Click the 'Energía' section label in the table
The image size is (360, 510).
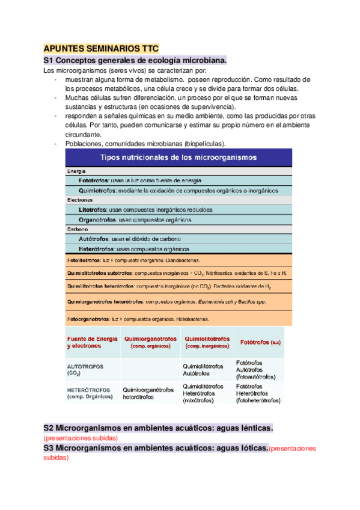click(x=78, y=171)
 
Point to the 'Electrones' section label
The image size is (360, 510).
click(x=80, y=200)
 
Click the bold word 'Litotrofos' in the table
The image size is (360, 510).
click(x=92, y=210)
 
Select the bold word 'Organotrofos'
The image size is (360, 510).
click(x=97, y=220)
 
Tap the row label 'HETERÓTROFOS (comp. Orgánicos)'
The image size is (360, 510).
click(x=90, y=392)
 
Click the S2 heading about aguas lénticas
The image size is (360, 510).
click(x=159, y=428)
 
